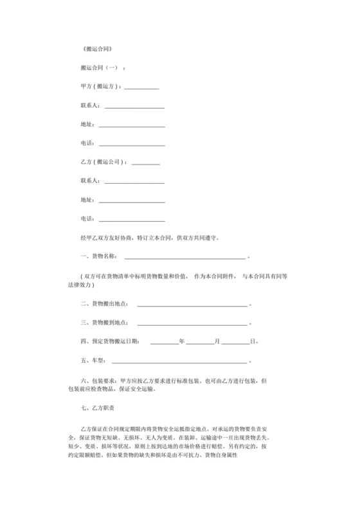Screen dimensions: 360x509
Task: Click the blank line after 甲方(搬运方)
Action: point(141,88)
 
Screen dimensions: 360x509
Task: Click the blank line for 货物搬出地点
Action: point(192,305)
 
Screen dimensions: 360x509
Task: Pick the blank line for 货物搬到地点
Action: point(192,324)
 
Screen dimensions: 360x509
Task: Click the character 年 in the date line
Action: point(182,341)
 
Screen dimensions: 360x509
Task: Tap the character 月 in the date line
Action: point(217,341)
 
